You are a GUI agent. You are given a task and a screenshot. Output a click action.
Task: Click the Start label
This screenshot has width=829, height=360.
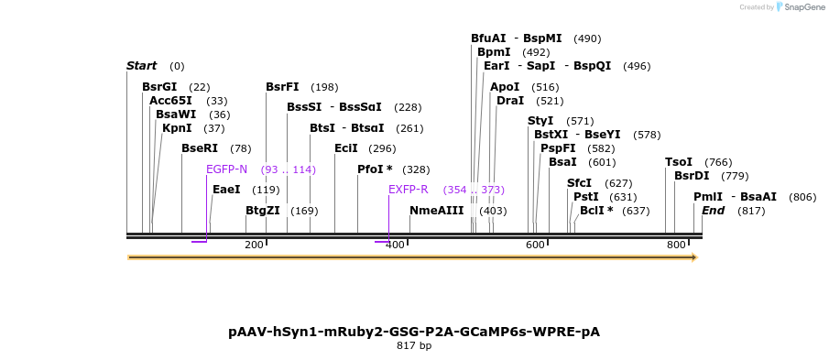pyautogui.click(x=142, y=66)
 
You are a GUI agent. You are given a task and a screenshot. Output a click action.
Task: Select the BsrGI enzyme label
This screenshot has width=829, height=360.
pyautogui.click(x=159, y=87)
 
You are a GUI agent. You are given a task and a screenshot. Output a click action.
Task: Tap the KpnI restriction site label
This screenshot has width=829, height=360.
pyautogui.click(x=177, y=128)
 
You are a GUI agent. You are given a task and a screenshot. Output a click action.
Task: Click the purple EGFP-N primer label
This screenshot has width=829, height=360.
pyautogui.click(x=227, y=169)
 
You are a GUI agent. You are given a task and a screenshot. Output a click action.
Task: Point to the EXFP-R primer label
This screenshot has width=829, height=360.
pyautogui.click(x=409, y=190)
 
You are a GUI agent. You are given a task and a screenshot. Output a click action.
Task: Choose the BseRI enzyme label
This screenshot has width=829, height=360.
pyautogui.click(x=200, y=148)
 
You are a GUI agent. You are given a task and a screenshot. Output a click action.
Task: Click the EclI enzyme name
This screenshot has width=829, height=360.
pyautogui.click(x=346, y=148)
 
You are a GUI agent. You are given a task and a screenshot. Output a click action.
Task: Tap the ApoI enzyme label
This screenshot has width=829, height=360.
pyautogui.click(x=505, y=87)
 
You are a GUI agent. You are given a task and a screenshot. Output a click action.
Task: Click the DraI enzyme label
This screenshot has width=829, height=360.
pyautogui.click(x=510, y=101)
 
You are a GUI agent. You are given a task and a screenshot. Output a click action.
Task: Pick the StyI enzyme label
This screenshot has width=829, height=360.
pyautogui.click(x=540, y=121)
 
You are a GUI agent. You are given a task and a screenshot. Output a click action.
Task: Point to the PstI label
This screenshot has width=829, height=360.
pyautogui.click(x=585, y=197)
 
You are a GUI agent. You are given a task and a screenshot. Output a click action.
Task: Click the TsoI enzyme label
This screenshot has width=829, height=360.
pyautogui.click(x=679, y=162)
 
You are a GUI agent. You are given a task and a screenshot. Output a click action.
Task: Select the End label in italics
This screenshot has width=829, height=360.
pyautogui.click(x=713, y=211)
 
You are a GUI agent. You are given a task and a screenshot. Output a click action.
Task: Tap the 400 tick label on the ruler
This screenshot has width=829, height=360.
pyautogui.click(x=395, y=245)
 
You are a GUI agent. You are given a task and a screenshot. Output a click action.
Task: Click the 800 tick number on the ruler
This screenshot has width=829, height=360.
pyautogui.click(x=676, y=245)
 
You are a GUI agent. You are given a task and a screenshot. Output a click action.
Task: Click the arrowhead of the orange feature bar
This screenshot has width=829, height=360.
pyautogui.click(x=694, y=257)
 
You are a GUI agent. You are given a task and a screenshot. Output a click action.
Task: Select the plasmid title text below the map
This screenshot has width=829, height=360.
pyautogui.click(x=414, y=332)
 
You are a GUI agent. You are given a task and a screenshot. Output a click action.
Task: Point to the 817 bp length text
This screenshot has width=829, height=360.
pyautogui.click(x=414, y=346)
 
